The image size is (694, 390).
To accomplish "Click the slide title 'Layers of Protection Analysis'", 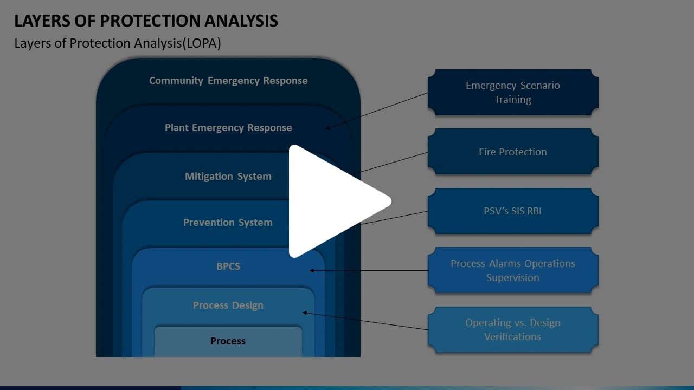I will (146, 21).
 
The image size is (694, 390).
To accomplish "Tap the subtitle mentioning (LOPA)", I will (118, 44).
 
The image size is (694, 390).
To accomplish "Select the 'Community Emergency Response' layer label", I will (228, 81).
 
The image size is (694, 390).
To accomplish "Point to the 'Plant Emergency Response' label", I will (228, 128).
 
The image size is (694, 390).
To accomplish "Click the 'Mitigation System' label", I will (228, 177).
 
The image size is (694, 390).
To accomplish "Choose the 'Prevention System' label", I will (228, 223).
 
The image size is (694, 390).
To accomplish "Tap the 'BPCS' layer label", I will (228, 266).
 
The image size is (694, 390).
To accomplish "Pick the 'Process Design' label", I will (228, 305).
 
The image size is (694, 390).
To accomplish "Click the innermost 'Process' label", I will (228, 341).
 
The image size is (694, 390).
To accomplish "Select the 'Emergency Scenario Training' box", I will (513, 93).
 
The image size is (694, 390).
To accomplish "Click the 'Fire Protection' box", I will (513, 152).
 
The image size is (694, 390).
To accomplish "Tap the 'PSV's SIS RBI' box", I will (513, 211).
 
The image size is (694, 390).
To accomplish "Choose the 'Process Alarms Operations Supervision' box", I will (513, 271).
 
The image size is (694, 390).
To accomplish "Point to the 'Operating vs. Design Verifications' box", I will (513, 330).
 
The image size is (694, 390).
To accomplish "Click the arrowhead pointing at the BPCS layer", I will (312, 270).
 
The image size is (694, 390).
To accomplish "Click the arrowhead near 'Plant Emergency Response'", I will (328, 128).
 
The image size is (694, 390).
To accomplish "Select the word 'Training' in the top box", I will (513, 100).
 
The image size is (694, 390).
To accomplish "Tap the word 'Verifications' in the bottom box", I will (513, 337).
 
